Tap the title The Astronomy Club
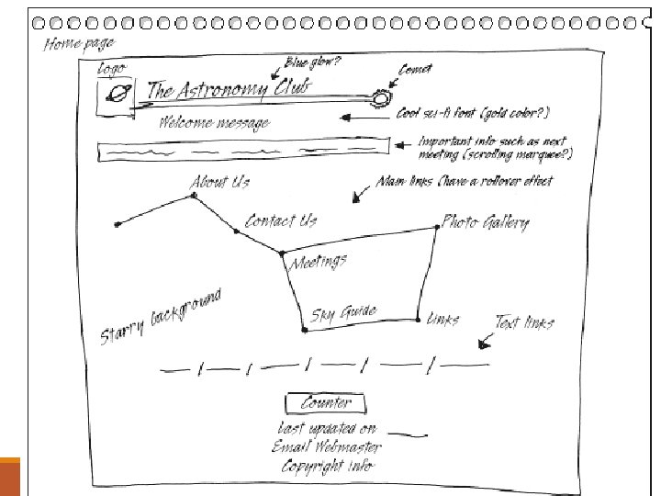coord(230,89)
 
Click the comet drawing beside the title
coord(380,96)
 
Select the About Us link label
coord(219,182)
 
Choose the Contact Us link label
coord(281,220)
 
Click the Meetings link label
coord(319,263)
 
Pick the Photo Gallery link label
coord(486,221)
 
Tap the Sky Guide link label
coord(343,313)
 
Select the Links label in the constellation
coord(443,319)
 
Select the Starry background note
coord(160,318)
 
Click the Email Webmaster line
coord(326,447)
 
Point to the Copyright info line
coord(328,466)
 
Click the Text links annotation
coord(524,322)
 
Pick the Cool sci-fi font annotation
coord(473,114)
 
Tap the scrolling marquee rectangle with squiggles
coord(240,149)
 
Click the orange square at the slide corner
coord(9,476)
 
